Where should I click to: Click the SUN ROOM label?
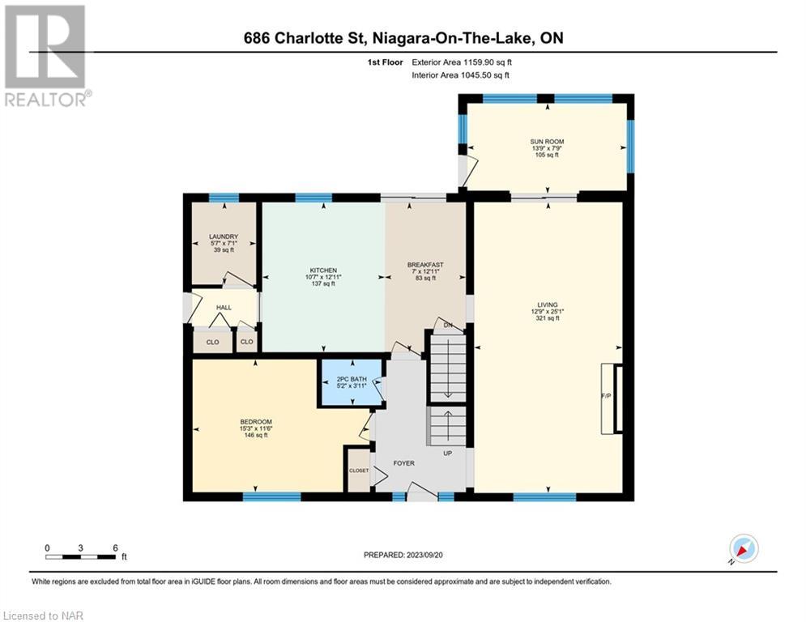click(547, 142)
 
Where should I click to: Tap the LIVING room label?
click(548, 305)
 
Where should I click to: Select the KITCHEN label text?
click(323, 271)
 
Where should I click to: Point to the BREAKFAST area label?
click(425, 265)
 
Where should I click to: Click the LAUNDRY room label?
click(224, 236)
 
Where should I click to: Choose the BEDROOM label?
click(256, 421)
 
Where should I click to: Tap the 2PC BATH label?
click(352, 379)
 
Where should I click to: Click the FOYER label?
click(404, 463)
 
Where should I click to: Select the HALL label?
click(224, 308)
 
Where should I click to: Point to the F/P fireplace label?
click(606, 396)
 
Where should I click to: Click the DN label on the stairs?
click(448, 325)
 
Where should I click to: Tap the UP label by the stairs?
click(448, 454)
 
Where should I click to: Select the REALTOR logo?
click(45, 56)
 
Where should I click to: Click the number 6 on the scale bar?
click(116, 548)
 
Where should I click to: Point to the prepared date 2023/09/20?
click(424, 555)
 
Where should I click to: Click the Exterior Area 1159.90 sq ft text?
click(462, 62)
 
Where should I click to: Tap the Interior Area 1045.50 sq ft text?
click(461, 75)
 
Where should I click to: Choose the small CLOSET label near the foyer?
click(359, 471)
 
